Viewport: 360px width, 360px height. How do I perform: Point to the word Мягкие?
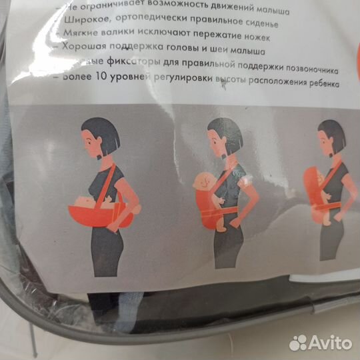(x=83, y=34)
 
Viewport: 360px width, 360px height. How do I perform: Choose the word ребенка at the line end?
(x=319, y=85)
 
